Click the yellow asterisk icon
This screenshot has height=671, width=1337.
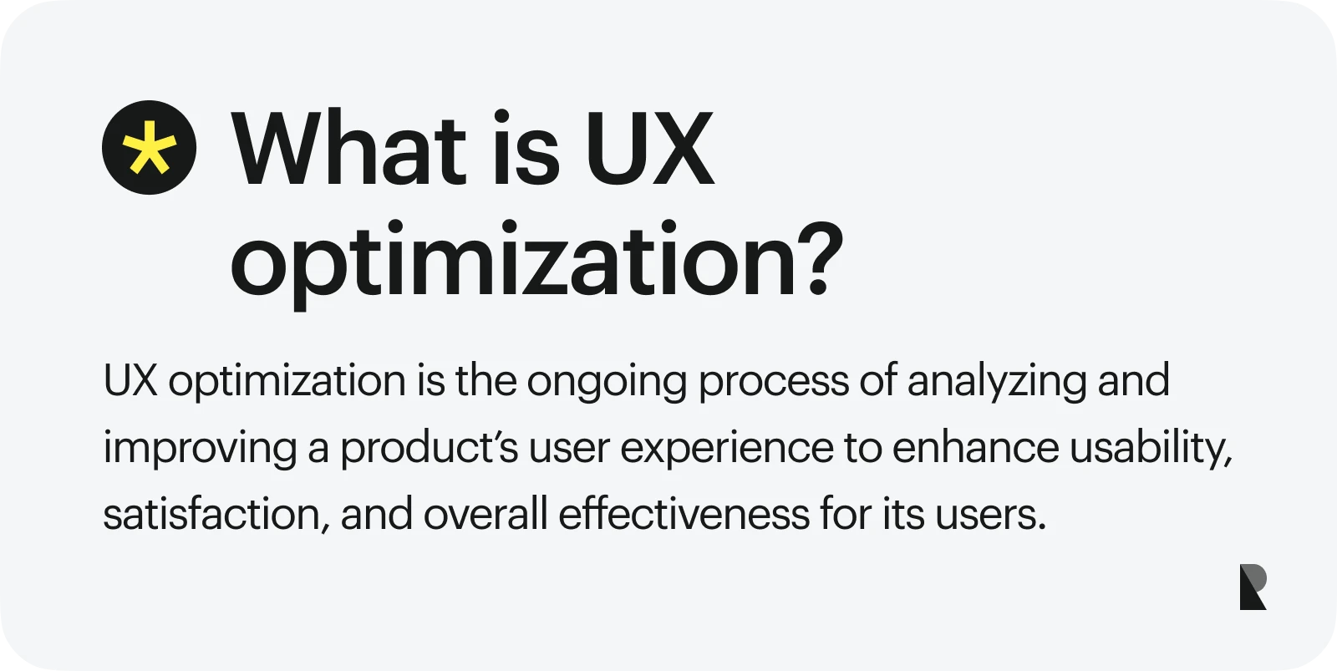click(x=150, y=147)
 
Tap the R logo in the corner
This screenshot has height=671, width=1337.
click(x=1253, y=587)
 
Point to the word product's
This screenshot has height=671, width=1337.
click(x=430, y=450)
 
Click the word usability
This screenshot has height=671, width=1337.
click(x=1150, y=450)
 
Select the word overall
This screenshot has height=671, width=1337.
click(x=485, y=514)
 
